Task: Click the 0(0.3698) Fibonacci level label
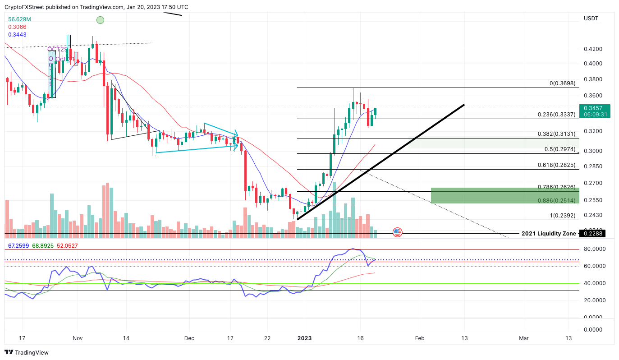pos(563,84)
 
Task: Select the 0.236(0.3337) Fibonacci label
pos(556,115)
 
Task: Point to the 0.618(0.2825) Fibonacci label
pos(556,166)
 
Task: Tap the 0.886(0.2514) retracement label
pos(556,201)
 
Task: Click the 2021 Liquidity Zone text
pos(548,234)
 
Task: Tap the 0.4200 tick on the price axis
pos(593,49)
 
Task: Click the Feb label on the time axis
pos(420,338)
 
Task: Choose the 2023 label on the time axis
pos(305,338)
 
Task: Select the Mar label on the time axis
pos(523,338)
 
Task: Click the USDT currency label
pos(591,18)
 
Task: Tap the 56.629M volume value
pos(19,19)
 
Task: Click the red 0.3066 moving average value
pos(17,27)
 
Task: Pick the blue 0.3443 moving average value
pos(17,35)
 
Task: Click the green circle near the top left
pos(100,20)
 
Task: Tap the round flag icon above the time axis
pos(397,232)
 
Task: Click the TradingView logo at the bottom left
pos(27,352)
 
